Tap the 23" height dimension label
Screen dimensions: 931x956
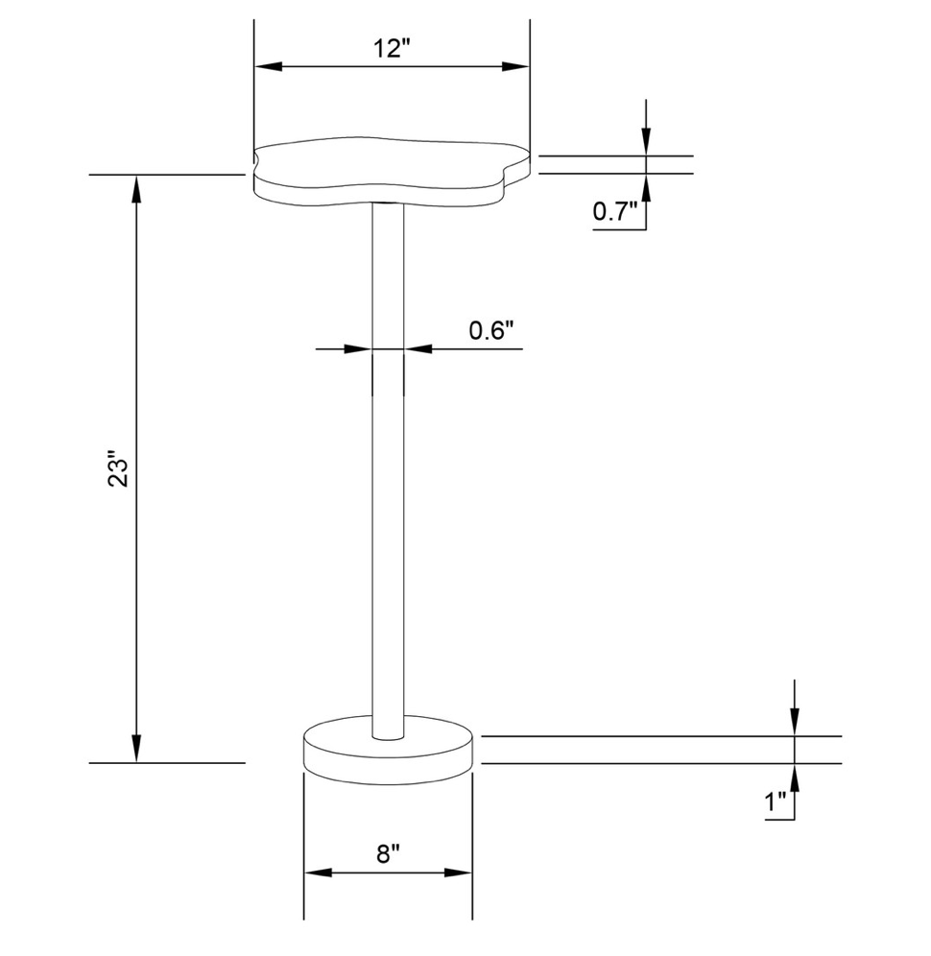pos(118,468)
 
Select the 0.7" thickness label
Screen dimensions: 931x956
pos(615,211)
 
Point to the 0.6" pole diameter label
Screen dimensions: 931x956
pos(491,330)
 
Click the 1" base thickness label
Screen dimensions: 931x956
pos(776,801)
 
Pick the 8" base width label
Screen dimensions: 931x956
pos(388,853)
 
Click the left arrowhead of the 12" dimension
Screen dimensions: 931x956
pos(268,66)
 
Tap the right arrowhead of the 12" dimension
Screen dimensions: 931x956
pos(515,66)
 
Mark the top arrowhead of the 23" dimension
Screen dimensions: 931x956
pos(136,188)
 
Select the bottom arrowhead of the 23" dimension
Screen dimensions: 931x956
pos(136,749)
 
